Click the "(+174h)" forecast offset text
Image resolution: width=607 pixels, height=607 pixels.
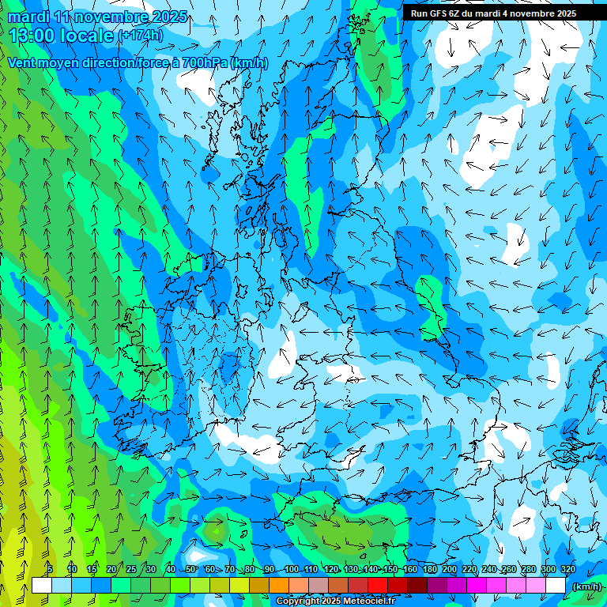(141, 36)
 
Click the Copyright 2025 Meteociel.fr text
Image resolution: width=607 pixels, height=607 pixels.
(336, 601)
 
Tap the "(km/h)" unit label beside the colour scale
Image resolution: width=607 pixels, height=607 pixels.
(586, 586)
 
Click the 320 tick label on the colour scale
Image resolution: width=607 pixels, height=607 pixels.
(567, 569)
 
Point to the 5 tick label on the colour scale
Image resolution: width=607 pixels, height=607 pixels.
(49, 569)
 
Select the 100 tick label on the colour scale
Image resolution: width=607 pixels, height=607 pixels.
(291, 569)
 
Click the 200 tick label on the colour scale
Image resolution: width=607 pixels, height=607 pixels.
(449, 569)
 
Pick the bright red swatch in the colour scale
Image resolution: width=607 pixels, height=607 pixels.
(378, 586)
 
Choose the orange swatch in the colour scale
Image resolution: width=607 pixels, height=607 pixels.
(279, 586)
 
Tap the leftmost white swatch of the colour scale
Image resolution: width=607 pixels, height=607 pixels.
(41, 586)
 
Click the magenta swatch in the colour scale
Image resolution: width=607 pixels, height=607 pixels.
(477, 586)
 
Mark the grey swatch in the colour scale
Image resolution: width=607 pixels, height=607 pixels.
(319, 586)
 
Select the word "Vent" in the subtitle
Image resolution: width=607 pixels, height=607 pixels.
(24, 63)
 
